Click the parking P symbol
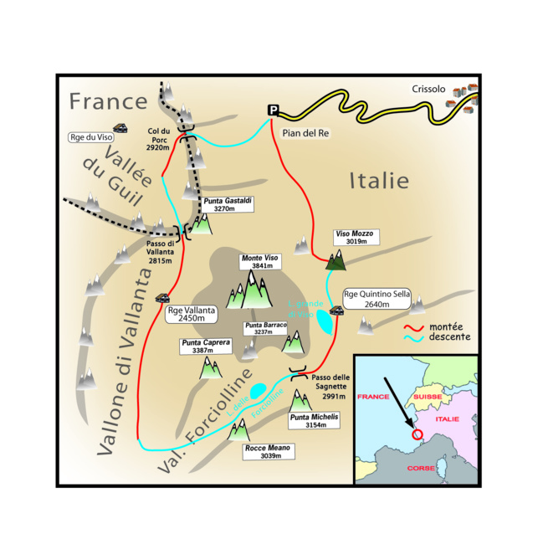tap(272, 110)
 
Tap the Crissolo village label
tap(429, 90)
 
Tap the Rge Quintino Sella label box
tap(373, 299)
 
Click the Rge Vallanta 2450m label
tap(192, 314)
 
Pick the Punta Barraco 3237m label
tap(266, 329)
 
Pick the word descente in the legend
tap(449, 337)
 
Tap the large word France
tap(108, 101)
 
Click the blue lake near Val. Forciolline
tap(259, 391)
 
